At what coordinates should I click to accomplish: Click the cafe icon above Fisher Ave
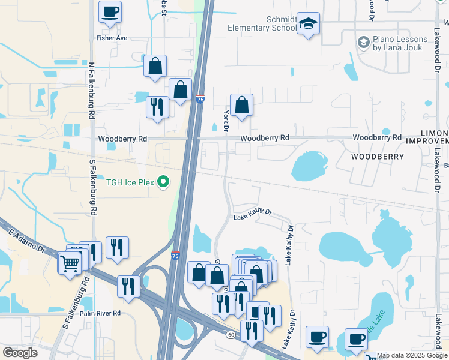[x=110, y=13]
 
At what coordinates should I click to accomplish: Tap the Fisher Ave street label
[x=112, y=38]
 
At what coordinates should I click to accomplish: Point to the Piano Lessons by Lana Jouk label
[x=400, y=43]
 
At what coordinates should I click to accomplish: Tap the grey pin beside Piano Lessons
[x=363, y=42]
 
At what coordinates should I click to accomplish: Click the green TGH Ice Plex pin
[x=162, y=183]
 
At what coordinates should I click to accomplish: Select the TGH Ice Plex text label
[x=130, y=183]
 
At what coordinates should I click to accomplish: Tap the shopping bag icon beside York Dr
[x=241, y=106]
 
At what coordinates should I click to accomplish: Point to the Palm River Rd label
[x=100, y=313]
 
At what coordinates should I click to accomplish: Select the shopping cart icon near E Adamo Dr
[x=70, y=262]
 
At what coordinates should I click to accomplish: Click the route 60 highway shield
[x=231, y=334]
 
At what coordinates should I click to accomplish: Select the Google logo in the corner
[x=20, y=353]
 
